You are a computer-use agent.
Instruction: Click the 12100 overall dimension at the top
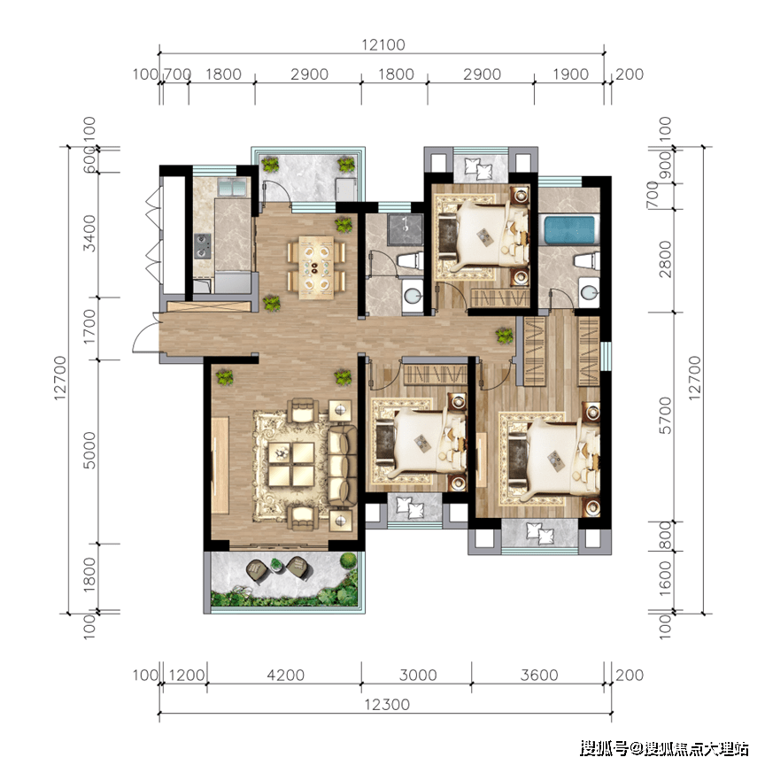pos(383,45)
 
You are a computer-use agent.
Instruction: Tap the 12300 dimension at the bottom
pos(387,705)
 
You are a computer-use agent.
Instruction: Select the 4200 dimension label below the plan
pos(285,676)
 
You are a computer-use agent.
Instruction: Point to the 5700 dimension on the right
pos(666,415)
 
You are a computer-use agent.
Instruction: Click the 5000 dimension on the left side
pos(89,451)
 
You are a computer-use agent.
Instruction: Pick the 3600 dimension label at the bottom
pos(538,676)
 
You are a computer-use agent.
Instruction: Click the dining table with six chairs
pos(316,267)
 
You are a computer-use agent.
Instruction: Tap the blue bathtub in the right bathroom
pos(569,230)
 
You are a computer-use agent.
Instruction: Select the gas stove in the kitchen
pos(203,246)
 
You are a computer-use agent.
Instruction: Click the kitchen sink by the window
pos(232,188)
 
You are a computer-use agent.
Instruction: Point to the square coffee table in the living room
pos(290,464)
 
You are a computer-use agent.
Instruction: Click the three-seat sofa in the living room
pos(343,466)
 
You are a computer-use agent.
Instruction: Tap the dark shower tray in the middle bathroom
pos(405,228)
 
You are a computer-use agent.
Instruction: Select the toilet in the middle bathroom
pos(410,260)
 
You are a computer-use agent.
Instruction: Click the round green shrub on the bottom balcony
pos(348,560)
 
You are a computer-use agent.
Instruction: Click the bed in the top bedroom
pos(483,233)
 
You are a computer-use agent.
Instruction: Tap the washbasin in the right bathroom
pos(589,292)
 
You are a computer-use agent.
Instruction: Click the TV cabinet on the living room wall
pos(220,465)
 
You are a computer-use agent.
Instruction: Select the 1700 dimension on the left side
pos(89,327)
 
